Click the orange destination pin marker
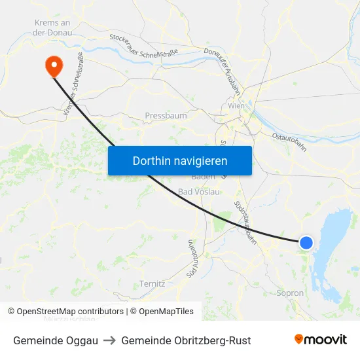pos(52,65)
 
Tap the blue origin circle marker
pos(306,243)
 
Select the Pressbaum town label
pos(166,116)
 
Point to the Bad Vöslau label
pos(199,192)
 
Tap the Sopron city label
pos(291,293)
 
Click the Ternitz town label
pos(153,283)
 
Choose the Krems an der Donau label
pos(52,27)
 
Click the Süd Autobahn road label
pos(192,259)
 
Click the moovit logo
pos(321,340)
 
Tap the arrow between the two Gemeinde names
pos(109,340)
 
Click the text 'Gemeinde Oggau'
pos(56,340)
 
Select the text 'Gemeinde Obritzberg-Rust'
pos(186,340)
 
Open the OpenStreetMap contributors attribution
pos(65,312)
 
